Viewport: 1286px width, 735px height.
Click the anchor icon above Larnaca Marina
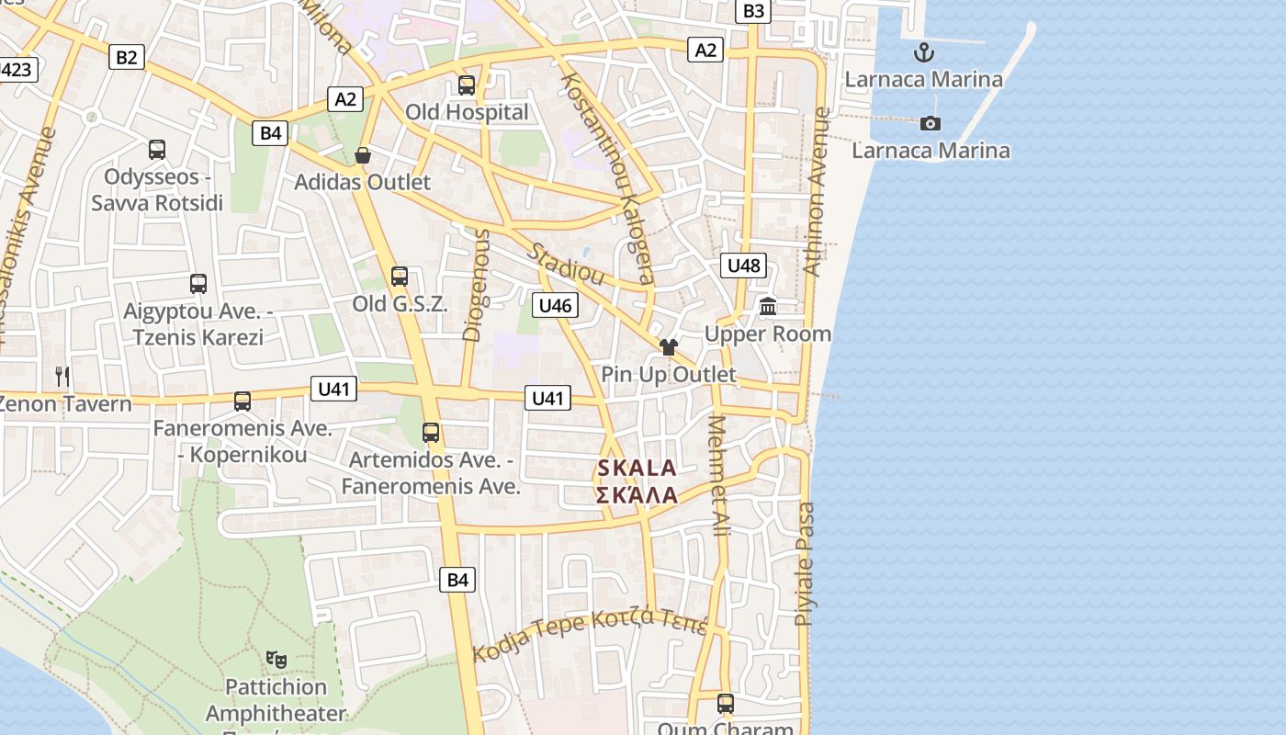tap(923, 51)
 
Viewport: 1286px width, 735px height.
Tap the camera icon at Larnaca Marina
tap(931, 123)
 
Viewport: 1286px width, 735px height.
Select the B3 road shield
tap(752, 11)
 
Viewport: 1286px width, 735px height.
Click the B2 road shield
tap(126, 57)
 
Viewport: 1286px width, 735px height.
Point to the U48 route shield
tap(743, 266)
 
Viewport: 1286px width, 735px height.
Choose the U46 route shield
tap(555, 305)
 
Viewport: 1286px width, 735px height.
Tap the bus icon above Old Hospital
tap(467, 85)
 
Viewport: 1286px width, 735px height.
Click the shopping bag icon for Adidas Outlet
tap(363, 155)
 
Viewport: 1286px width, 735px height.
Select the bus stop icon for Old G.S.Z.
tap(400, 276)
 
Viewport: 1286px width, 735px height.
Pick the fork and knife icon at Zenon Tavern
tap(62, 376)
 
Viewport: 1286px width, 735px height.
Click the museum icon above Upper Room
tap(768, 307)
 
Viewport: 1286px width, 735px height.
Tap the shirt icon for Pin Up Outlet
tap(668, 347)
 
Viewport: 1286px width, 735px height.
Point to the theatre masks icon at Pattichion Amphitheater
tap(276, 659)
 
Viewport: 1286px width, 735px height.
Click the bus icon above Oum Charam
tap(726, 704)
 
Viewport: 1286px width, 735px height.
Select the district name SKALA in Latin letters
tap(637, 468)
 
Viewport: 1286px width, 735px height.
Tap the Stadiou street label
tap(566, 265)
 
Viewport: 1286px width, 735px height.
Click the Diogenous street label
tap(476, 286)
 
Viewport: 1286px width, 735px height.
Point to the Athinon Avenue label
tap(816, 192)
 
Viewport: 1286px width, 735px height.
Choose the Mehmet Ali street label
tap(719, 477)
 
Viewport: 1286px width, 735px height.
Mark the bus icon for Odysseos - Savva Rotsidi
tap(157, 149)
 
